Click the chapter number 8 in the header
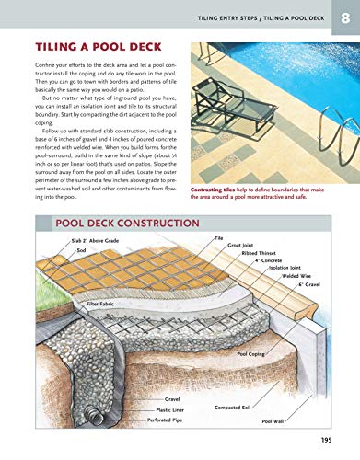click(x=344, y=17)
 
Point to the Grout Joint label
click(x=240, y=245)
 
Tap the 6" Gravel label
click(x=308, y=283)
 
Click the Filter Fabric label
click(x=105, y=302)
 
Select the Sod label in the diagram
click(x=81, y=249)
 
